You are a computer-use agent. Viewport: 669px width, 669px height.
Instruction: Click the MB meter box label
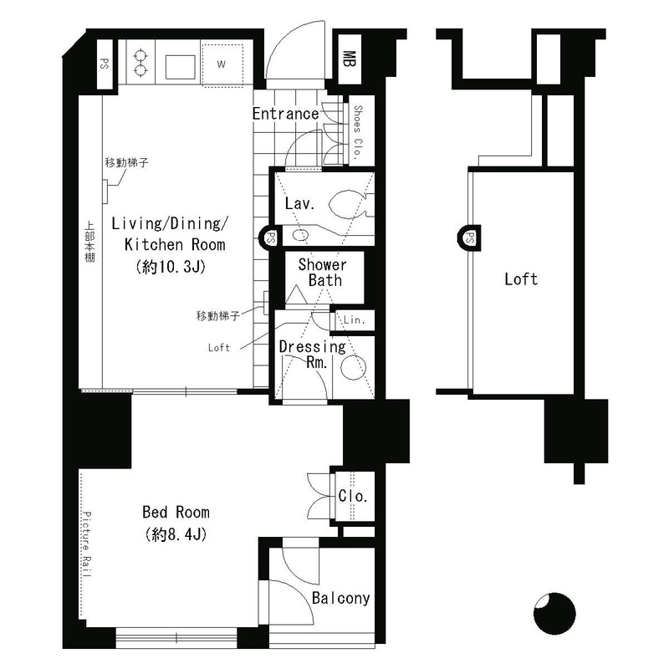pos(350,59)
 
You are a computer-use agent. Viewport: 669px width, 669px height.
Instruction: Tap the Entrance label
pos(285,114)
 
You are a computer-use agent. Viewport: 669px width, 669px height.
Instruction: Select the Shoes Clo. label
pos(358,131)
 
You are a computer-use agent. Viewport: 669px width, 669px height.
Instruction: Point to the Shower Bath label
pos(323,273)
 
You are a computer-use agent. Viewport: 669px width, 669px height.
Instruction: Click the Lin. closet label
pos(355,319)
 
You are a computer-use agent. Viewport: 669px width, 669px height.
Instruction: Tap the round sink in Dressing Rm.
pos(353,366)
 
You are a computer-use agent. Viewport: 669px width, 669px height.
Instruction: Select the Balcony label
pos(340,598)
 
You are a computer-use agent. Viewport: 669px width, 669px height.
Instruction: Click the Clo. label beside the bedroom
pos(353,496)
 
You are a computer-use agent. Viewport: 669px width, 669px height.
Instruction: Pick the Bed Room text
pos(176,512)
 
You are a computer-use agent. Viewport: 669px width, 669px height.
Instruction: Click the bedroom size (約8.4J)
pos(176,534)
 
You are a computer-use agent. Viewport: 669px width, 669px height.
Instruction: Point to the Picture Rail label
pos(87,544)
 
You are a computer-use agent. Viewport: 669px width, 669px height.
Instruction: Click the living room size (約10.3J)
pos(171,267)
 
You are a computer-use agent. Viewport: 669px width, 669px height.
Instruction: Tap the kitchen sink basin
pos(181,66)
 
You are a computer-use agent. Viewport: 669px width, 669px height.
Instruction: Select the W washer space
pos(222,65)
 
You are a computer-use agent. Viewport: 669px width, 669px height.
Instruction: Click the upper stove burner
pos(140,56)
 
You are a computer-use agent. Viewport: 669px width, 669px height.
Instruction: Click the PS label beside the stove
pos(104,64)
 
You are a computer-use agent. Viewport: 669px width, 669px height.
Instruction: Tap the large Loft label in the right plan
pos(521,279)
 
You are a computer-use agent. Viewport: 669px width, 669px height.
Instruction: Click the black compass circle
pos(554,614)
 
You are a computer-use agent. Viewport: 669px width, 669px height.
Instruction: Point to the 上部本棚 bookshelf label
pos(89,242)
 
